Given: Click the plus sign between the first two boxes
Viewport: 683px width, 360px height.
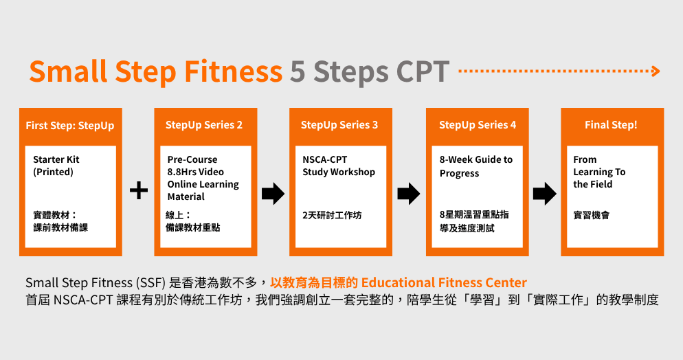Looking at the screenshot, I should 139,191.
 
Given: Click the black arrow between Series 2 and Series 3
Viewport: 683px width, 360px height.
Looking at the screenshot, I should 273,194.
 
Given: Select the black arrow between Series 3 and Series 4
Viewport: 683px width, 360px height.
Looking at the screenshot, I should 409,194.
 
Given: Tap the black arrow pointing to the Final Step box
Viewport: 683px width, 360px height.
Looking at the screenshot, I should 544,194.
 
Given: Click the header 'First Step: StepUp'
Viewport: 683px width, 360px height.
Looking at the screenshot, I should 70,125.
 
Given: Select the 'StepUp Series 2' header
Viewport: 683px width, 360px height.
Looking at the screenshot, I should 204,125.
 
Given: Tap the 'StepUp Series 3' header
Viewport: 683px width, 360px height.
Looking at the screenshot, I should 339,125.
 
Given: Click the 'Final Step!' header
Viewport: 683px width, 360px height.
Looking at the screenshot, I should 611,125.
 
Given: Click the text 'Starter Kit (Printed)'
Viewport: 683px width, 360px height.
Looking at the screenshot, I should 56,166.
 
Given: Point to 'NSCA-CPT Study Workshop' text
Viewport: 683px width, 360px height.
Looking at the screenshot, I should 339,166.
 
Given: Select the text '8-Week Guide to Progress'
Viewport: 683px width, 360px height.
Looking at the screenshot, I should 476,166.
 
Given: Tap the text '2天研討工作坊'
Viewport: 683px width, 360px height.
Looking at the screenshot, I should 332,215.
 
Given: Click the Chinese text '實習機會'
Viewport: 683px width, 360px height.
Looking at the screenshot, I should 591,215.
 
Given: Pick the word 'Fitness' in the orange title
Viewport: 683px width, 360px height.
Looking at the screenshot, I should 232,71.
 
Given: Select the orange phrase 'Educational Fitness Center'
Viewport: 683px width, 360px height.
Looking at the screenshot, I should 444,282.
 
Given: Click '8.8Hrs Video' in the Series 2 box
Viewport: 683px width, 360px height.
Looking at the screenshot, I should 196,172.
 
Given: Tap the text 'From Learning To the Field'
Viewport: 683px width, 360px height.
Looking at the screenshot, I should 599,172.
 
